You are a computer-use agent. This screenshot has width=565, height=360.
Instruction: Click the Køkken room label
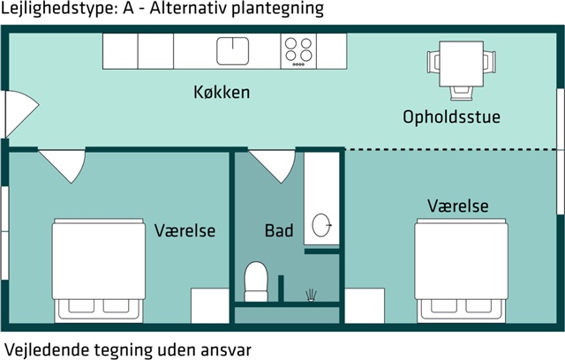[222, 92]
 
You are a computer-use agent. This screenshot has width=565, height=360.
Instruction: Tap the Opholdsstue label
[451, 116]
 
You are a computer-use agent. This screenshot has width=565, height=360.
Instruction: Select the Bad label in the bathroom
[279, 230]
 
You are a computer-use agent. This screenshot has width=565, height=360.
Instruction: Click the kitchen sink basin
[233, 51]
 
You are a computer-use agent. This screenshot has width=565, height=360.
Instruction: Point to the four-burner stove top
[298, 51]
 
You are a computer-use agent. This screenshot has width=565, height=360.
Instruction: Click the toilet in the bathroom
[256, 281]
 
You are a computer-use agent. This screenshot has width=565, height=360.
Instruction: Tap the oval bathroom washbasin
[321, 225]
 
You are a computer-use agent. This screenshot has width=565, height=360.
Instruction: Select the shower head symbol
[311, 296]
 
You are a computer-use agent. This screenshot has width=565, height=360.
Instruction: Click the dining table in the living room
[461, 64]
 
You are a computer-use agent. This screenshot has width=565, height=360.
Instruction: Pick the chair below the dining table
[461, 93]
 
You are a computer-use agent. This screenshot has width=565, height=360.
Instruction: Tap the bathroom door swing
[273, 166]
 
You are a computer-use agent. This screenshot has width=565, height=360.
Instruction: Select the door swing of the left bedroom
[63, 166]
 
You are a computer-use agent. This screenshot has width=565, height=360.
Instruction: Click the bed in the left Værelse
[98, 270]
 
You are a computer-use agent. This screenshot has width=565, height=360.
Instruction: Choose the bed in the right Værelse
[461, 270]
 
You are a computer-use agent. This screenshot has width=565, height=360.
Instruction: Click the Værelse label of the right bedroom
[458, 206]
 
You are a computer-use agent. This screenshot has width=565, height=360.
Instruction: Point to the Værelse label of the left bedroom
[185, 230]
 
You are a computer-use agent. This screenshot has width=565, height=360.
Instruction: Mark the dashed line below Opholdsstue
[452, 149]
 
